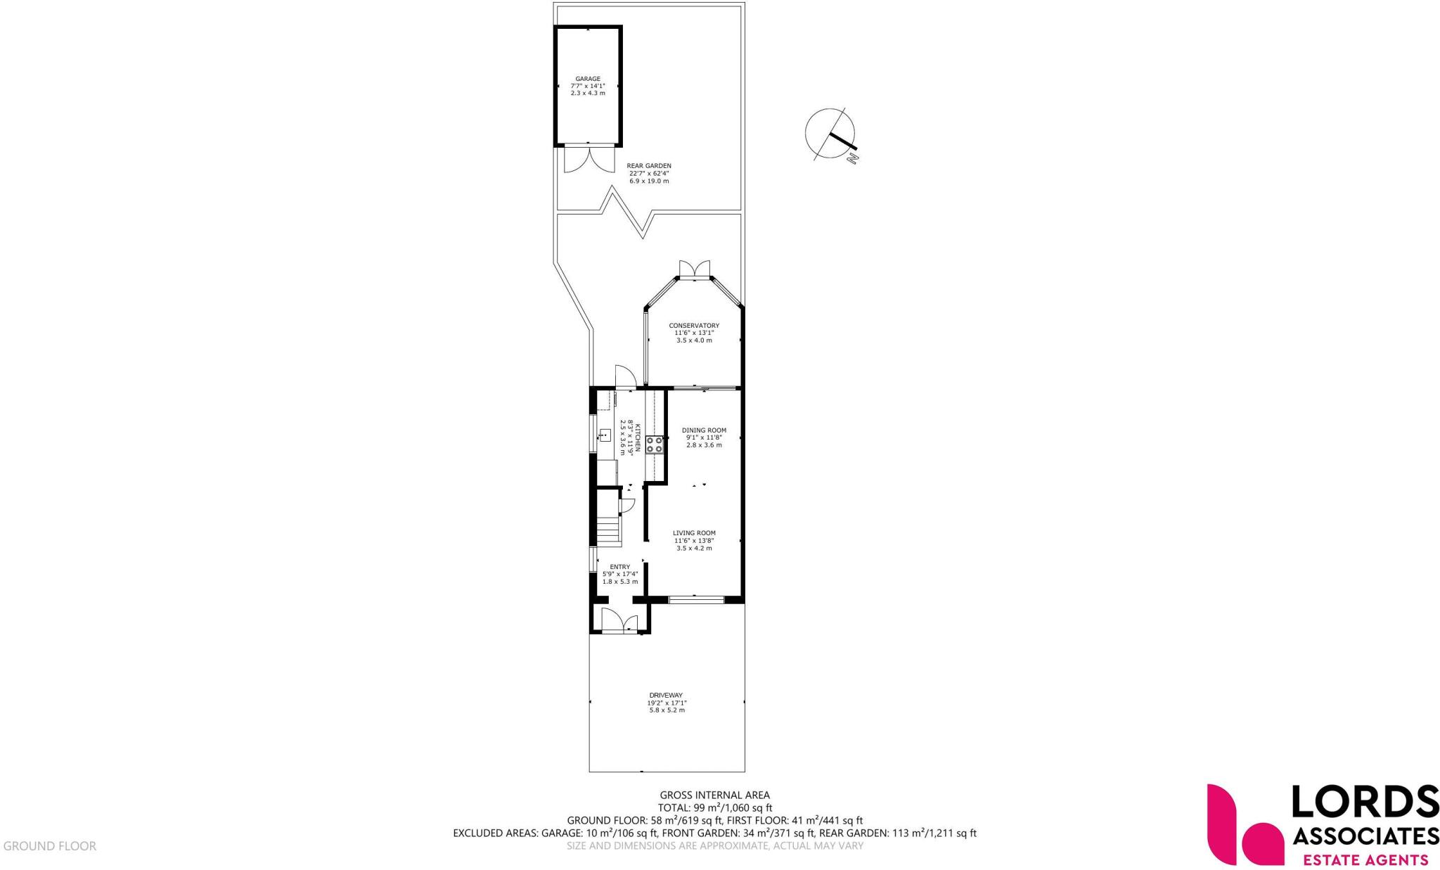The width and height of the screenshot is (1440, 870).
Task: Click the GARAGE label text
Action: click(x=588, y=79)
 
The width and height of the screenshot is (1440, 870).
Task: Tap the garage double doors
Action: click(x=587, y=159)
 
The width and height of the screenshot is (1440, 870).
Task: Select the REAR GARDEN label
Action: click(x=648, y=166)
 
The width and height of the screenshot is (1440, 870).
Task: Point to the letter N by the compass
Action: click(x=854, y=159)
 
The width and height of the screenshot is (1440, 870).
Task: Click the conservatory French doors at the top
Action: click(x=695, y=270)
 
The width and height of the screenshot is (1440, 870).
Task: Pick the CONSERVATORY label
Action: click(x=693, y=326)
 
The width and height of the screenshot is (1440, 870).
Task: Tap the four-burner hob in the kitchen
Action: click(x=654, y=444)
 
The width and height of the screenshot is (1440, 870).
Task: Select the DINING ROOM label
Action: click(x=704, y=430)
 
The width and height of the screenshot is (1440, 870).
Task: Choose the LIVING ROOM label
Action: click(x=694, y=533)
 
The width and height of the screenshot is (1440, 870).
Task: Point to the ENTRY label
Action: click(x=619, y=567)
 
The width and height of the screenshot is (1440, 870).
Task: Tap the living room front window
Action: click(x=695, y=600)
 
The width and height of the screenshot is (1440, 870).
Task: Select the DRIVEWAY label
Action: click(x=665, y=695)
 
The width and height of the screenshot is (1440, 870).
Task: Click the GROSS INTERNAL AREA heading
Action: click(x=714, y=795)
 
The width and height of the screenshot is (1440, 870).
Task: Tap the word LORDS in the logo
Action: click(x=1364, y=802)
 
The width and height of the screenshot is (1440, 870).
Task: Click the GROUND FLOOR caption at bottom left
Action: click(x=50, y=846)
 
